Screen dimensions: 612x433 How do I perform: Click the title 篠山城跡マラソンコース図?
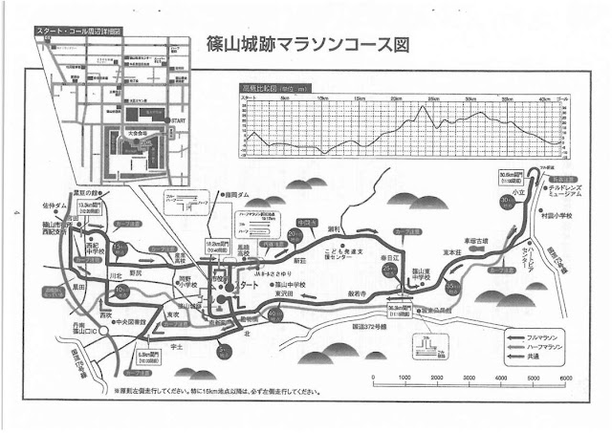[x=307, y=44]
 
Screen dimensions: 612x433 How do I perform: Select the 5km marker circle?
[x=223, y=352]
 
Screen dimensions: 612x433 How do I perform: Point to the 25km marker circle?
[x=389, y=271]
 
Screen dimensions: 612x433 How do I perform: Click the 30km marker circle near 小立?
[x=506, y=202]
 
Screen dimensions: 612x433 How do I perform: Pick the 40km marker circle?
[x=275, y=314]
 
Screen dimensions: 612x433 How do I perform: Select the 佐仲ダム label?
[x=55, y=205]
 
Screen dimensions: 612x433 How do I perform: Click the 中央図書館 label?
[x=127, y=322]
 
